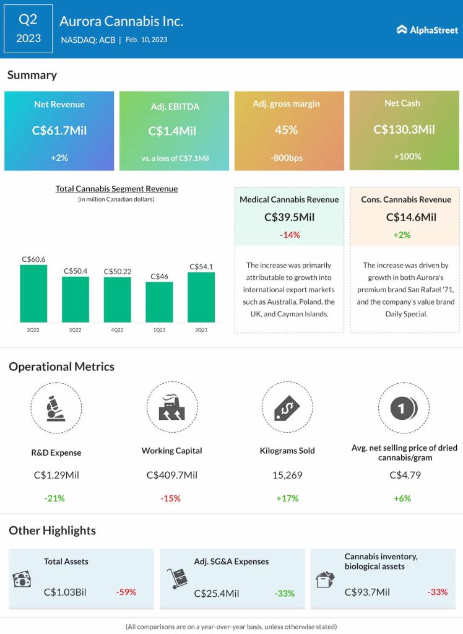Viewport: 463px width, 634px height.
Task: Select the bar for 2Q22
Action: (33, 293)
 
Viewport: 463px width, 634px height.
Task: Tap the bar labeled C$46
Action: (159, 302)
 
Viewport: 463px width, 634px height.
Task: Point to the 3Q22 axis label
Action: (75, 330)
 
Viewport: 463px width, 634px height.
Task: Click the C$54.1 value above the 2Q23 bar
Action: (201, 267)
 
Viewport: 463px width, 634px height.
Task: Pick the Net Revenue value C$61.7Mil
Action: (59, 131)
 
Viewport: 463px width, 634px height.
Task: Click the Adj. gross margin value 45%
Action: (287, 130)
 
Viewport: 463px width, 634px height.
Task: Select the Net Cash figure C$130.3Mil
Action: (404, 129)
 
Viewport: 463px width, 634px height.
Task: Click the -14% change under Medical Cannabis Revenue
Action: (289, 235)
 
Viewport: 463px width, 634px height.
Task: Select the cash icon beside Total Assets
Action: (22, 580)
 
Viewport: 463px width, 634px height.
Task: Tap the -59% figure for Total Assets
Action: (126, 592)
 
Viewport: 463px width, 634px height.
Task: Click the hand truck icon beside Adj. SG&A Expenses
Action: (176, 580)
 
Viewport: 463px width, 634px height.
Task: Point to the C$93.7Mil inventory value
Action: (367, 592)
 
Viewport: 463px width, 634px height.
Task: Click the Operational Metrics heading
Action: (61, 367)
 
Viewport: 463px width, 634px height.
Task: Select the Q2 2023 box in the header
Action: (28, 29)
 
